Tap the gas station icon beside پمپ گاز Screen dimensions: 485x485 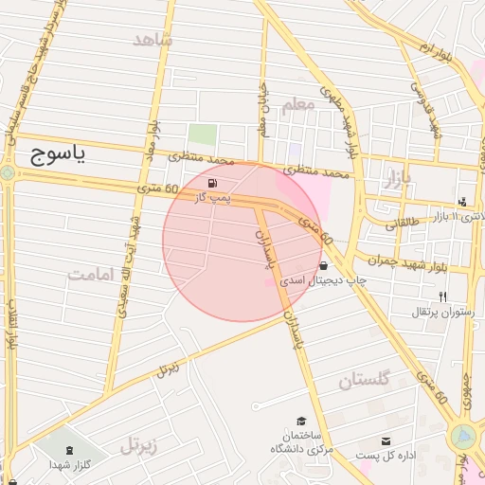coord(209,182)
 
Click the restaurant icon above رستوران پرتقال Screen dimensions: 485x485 coord(442,297)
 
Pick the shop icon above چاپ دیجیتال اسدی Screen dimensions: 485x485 coord(325,266)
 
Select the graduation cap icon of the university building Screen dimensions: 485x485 coord(302,422)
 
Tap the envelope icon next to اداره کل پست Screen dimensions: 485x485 coord(386,441)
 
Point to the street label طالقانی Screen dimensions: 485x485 coord(405,225)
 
